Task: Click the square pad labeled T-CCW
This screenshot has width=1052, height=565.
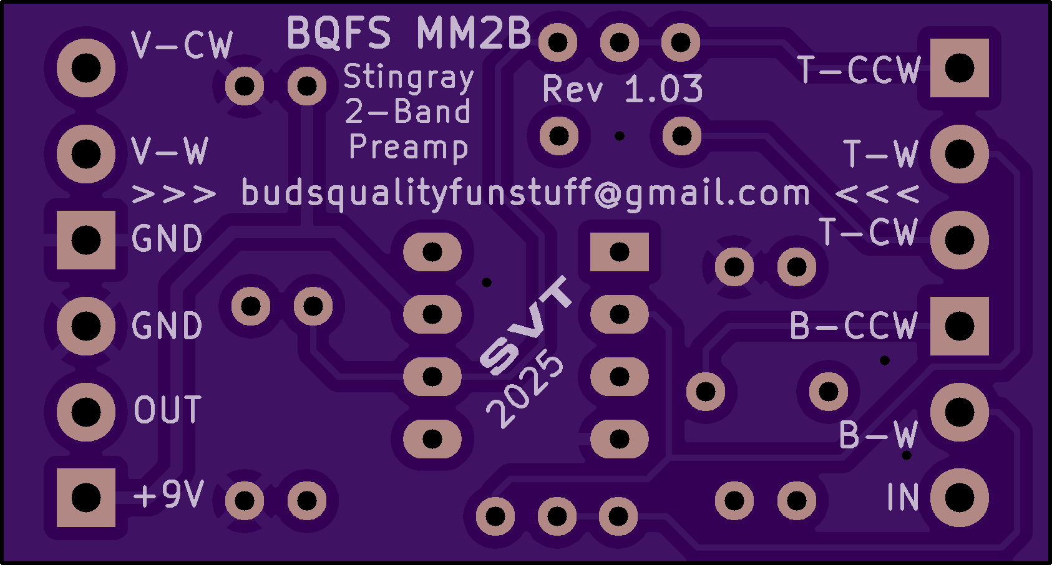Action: pos(960,68)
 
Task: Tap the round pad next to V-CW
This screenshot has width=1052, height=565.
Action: pos(86,68)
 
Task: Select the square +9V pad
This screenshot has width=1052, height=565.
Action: pos(86,498)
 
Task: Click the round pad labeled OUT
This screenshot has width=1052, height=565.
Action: pos(86,412)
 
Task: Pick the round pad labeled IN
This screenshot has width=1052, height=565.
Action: pos(960,498)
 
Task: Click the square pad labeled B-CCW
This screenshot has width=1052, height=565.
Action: pos(960,326)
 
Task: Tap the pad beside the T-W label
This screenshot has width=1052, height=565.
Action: pos(960,154)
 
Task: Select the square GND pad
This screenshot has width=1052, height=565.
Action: pos(86,240)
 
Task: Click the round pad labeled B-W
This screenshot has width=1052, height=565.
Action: pos(960,412)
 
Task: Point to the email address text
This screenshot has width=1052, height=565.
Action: pos(525,193)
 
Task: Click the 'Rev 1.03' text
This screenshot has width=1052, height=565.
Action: pos(623,89)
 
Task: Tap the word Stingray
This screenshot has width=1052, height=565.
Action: pos(409,78)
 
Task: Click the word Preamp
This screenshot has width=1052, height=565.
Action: pos(409,148)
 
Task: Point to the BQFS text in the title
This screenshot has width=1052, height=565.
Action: pos(339,32)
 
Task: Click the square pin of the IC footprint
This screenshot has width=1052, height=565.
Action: pos(620,252)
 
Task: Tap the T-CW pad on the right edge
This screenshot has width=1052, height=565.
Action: pos(960,240)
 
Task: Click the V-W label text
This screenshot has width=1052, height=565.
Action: pos(170,151)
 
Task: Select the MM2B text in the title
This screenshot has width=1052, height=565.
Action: pos(474,32)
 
